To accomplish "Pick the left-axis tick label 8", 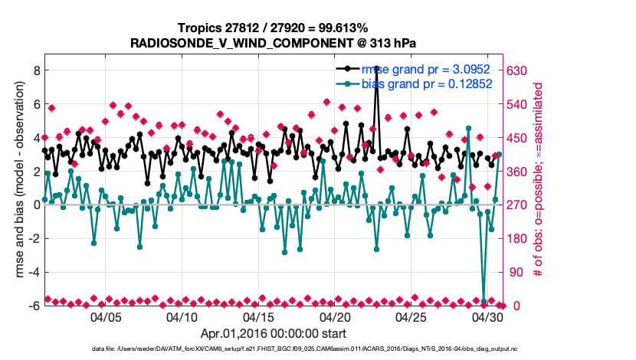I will (x=36, y=70).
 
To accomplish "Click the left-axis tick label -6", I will (x=34, y=306).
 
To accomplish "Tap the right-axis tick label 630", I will (x=519, y=70).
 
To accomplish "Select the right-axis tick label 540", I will (x=519, y=104).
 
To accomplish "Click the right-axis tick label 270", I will (x=519, y=205).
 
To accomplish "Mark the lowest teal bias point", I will (x=484, y=302).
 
